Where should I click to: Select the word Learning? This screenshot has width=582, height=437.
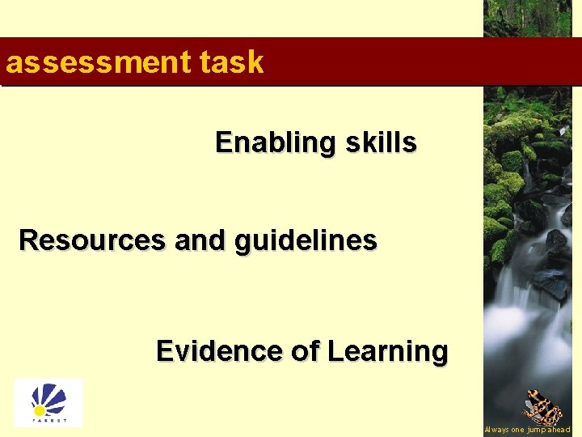[x=387, y=352]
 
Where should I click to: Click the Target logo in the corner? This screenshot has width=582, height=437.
[x=48, y=402]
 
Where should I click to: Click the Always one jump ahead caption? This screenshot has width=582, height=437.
[x=527, y=430]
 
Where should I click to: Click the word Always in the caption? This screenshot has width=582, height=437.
[x=496, y=430]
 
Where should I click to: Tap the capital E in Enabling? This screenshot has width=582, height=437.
[x=223, y=142]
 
